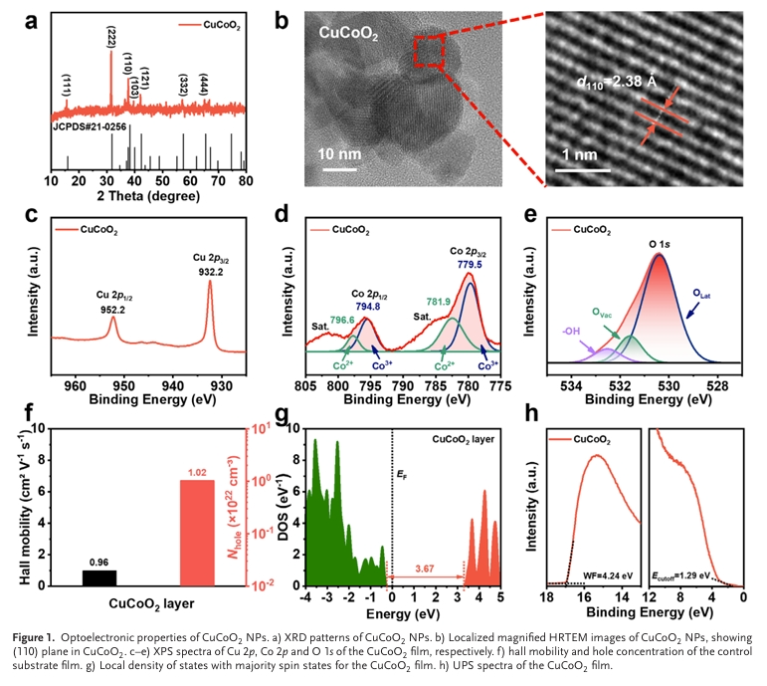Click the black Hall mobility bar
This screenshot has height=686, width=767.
point(98,577)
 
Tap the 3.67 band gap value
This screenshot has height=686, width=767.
point(428,568)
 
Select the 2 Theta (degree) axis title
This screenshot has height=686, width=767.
point(148,196)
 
